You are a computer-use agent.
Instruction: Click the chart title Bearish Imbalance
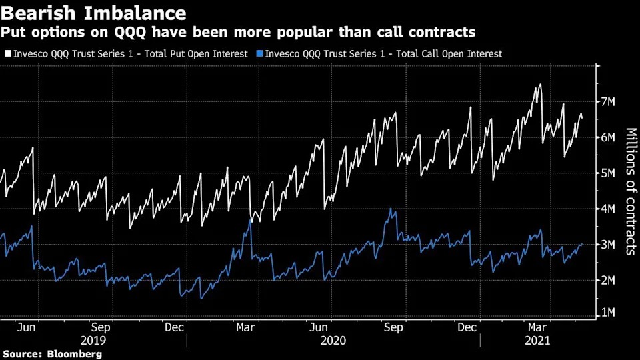(93, 12)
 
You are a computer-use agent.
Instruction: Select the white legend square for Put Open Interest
(7, 54)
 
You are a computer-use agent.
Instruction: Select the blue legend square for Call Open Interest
(259, 54)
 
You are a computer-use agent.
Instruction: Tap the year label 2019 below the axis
(93, 341)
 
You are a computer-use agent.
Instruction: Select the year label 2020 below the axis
(333, 341)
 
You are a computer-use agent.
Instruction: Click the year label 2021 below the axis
(537, 341)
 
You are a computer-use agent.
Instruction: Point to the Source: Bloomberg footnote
(52, 354)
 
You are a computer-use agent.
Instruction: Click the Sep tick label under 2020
(394, 328)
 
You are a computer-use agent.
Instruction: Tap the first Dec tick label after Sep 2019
(174, 328)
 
